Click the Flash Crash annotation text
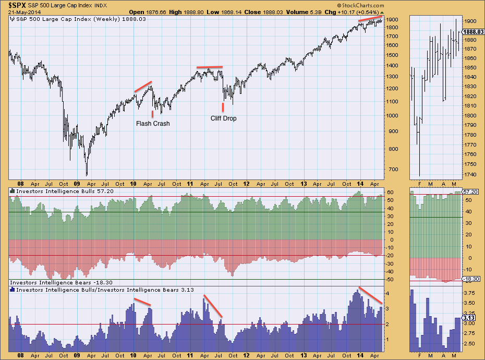(x=153, y=124)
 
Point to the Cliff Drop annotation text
(x=223, y=118)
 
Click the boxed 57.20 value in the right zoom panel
(x=471, y=193)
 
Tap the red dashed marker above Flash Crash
(x=152, y=113)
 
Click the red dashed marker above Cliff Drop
(x=223, y=107)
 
